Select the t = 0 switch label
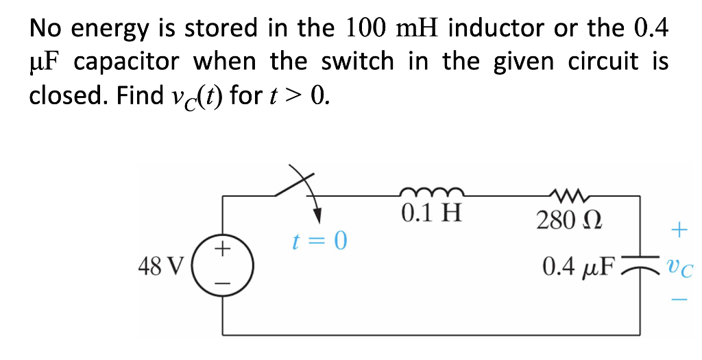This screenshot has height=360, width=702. pos(319,241)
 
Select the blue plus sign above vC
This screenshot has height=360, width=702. pos(678,229)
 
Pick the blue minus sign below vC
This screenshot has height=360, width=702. pos(678,299)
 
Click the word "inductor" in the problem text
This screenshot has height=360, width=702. pos(498,29)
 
